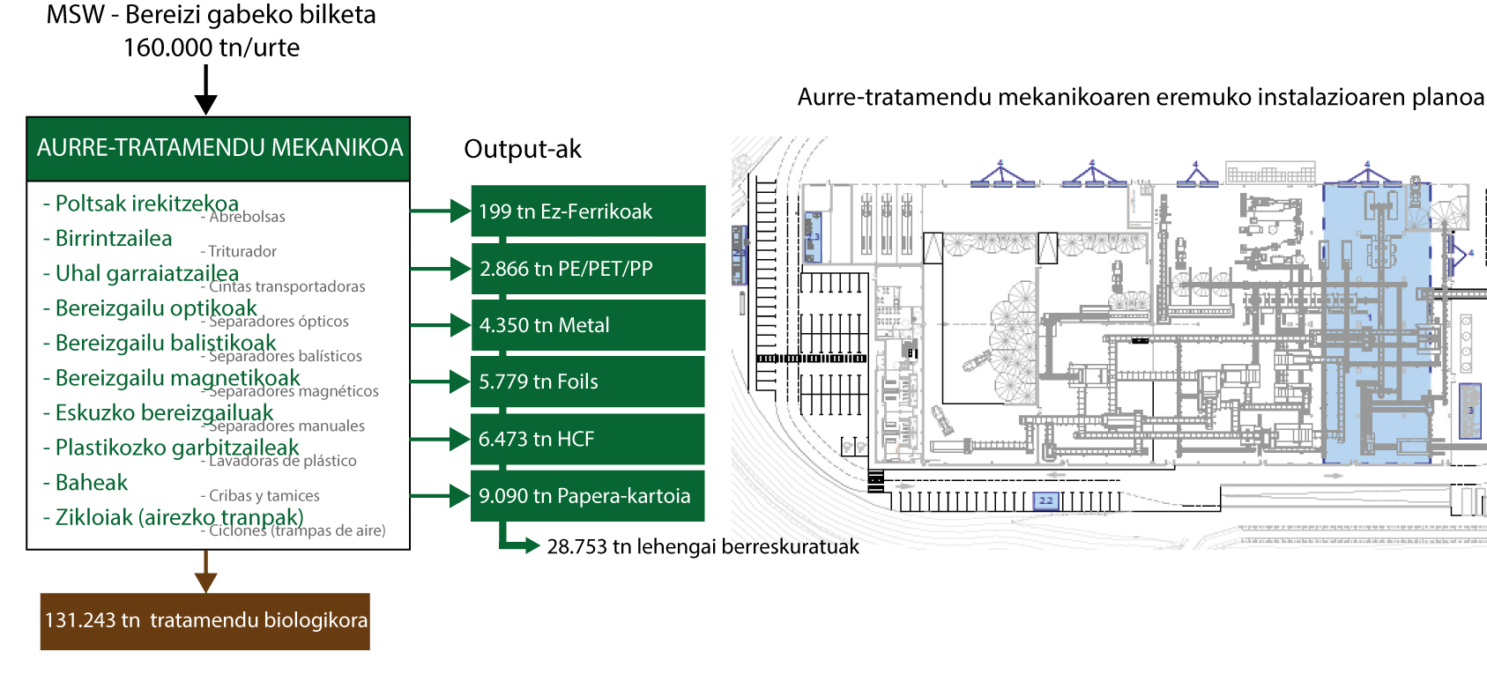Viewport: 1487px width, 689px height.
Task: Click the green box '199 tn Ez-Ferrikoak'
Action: click(x=588, y=211)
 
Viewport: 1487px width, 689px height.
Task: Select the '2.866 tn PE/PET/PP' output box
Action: click(x=588, y=269)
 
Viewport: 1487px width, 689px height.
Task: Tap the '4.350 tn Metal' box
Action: click(x=588, y=325)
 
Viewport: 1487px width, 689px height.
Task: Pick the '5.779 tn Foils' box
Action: click(x=588, y=382)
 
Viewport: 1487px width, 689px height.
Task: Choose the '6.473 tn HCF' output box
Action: click(x=588, y=439)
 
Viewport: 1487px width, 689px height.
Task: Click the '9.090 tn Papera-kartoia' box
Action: click(x=588, y=496)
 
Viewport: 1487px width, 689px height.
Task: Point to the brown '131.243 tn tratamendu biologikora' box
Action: click(x=205, y=621)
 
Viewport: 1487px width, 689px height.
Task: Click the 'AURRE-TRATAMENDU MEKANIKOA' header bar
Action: click(x=219, y=148)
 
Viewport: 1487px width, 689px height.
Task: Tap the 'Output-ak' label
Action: click(x=523, y=149)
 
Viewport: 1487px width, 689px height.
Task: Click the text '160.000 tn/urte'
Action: click(x=212, y=48)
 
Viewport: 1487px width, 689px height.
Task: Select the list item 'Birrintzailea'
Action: click(x=114, y=239)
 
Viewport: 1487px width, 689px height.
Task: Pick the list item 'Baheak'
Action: click(x=92, y=483)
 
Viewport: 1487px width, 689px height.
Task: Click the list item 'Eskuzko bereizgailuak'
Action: click(x=164, y=413)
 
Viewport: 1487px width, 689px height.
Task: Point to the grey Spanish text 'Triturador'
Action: click(x=242, y=252)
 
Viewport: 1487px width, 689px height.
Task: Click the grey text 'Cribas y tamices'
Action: click(x=264, y=496)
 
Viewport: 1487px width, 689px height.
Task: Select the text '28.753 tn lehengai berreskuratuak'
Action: click(x=703, y=547)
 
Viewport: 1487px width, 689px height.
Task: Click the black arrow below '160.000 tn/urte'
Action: click(x=205, y=91)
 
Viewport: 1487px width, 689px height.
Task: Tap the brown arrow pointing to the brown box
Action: click(x=205, y=573)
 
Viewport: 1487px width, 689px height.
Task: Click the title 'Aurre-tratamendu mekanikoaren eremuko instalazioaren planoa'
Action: click(x=1141, y=97)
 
